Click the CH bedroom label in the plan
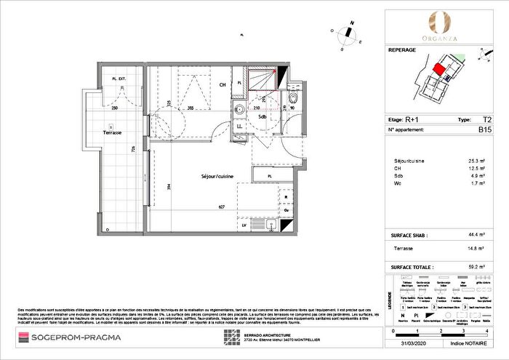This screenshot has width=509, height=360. (x=223, y=84)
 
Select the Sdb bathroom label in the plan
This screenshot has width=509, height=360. (x=260, y=116)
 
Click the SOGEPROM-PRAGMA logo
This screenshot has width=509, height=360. (x=70, y=337)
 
